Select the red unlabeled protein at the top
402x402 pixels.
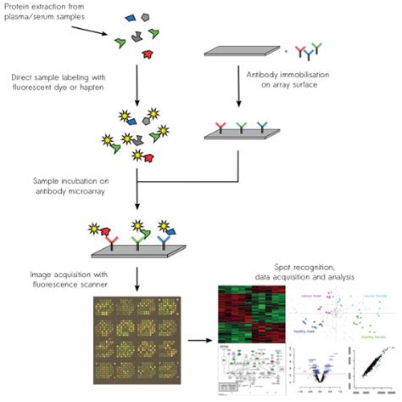click(150, 54)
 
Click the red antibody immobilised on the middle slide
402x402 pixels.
click(221, 127)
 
